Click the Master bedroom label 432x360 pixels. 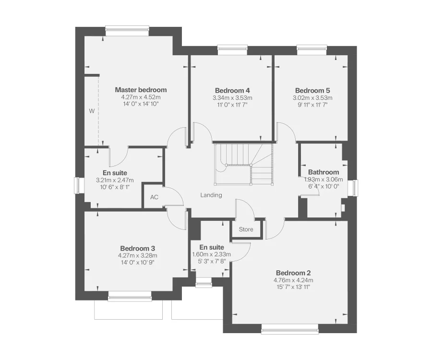(141, 90)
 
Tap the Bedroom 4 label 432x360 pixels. (232, 90)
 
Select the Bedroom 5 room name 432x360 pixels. (312, 90)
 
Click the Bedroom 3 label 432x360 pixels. (137, 248)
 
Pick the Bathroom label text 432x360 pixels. (323, 172)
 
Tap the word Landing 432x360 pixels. (211, 195)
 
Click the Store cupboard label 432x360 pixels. (246, 229)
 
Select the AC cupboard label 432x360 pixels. (154, 197)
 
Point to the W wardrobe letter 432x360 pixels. (91, 111)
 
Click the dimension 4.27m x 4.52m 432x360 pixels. (140, 97)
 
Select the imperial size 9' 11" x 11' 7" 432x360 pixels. (312, 104)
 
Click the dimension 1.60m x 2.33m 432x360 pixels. (212, 254)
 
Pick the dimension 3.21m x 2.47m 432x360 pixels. (115, 180)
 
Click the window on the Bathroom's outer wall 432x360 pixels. (356, 187)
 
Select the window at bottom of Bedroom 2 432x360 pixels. (289, 329)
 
